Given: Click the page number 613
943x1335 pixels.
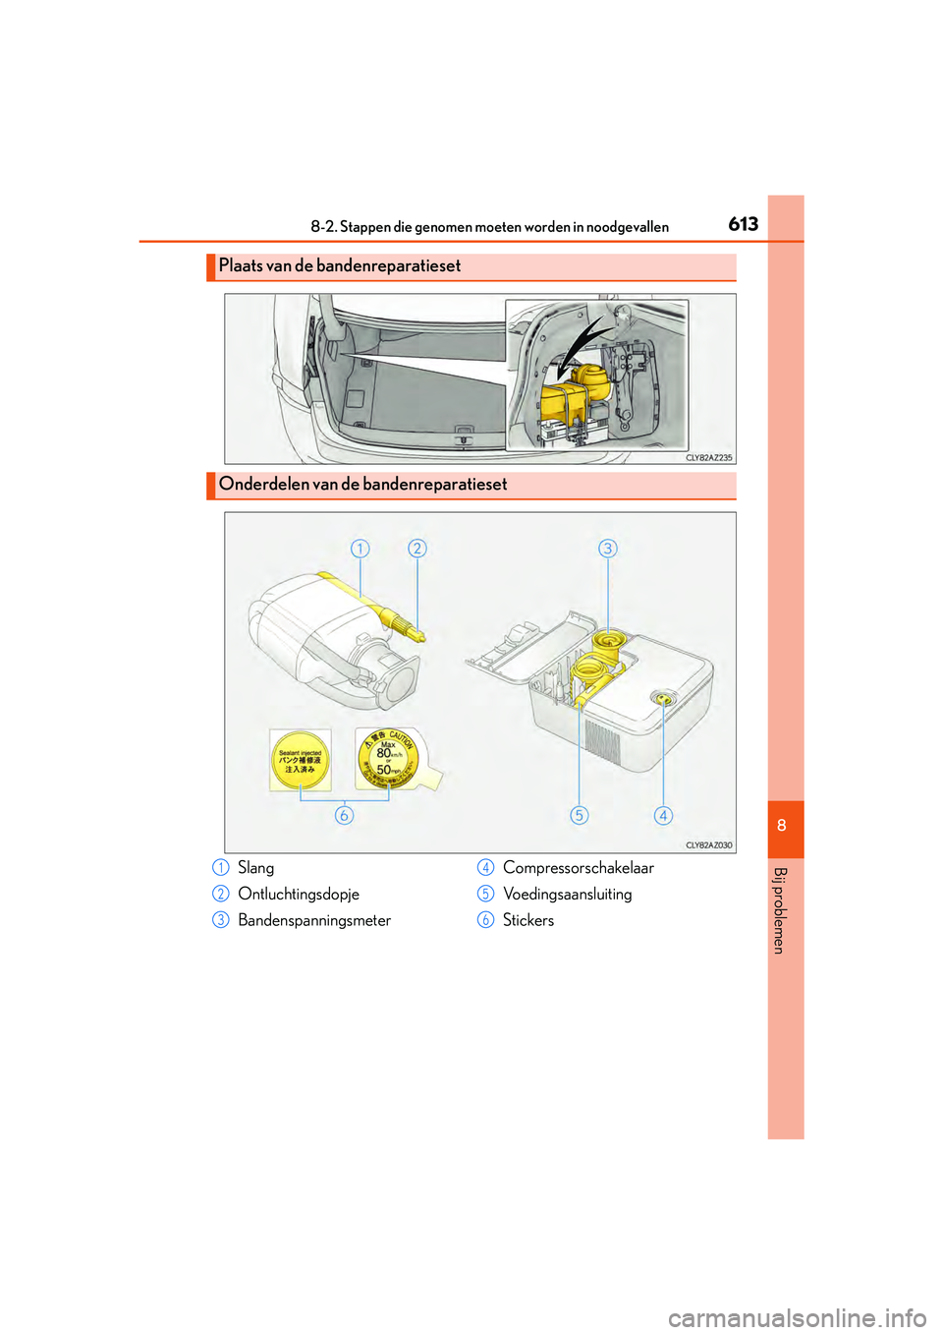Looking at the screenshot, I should [x=743, y=224].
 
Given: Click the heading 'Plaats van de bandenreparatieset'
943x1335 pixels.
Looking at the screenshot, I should [x=340, y=266].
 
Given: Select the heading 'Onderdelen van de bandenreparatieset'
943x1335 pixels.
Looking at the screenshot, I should [x=362, y=485].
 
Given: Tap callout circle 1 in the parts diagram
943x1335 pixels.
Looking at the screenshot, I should [x=361, y=549].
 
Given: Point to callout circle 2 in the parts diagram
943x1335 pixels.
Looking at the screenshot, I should [x=417, y=549].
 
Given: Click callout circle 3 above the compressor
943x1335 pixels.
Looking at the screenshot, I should [x=608, y=549].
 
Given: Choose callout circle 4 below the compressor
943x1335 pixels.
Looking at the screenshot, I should [x=663, y=815].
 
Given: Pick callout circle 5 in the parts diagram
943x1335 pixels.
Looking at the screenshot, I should [x=580, y=815].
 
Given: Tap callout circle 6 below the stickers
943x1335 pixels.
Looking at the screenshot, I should [x=344, y=815].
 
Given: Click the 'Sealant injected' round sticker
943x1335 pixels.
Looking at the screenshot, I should [x=301, y=760].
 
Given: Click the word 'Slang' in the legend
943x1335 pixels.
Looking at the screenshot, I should [x=255, y=868].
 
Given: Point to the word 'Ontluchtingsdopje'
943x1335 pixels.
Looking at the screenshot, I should [x=299, y=895].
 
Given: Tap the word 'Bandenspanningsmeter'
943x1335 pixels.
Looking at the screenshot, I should [x=314, y=921].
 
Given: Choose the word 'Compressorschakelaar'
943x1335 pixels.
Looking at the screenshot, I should [x=578, y=868].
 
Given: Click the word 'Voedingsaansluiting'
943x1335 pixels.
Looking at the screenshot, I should [x=567, y=895].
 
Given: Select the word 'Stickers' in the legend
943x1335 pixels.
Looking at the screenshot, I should [x=528, y=921].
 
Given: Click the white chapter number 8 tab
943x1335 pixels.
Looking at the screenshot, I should [x=782, y=826].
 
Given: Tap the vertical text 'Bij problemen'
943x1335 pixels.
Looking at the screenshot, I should [x=779, y=910].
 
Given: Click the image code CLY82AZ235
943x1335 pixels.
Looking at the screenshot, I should [x=708, y=458].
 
